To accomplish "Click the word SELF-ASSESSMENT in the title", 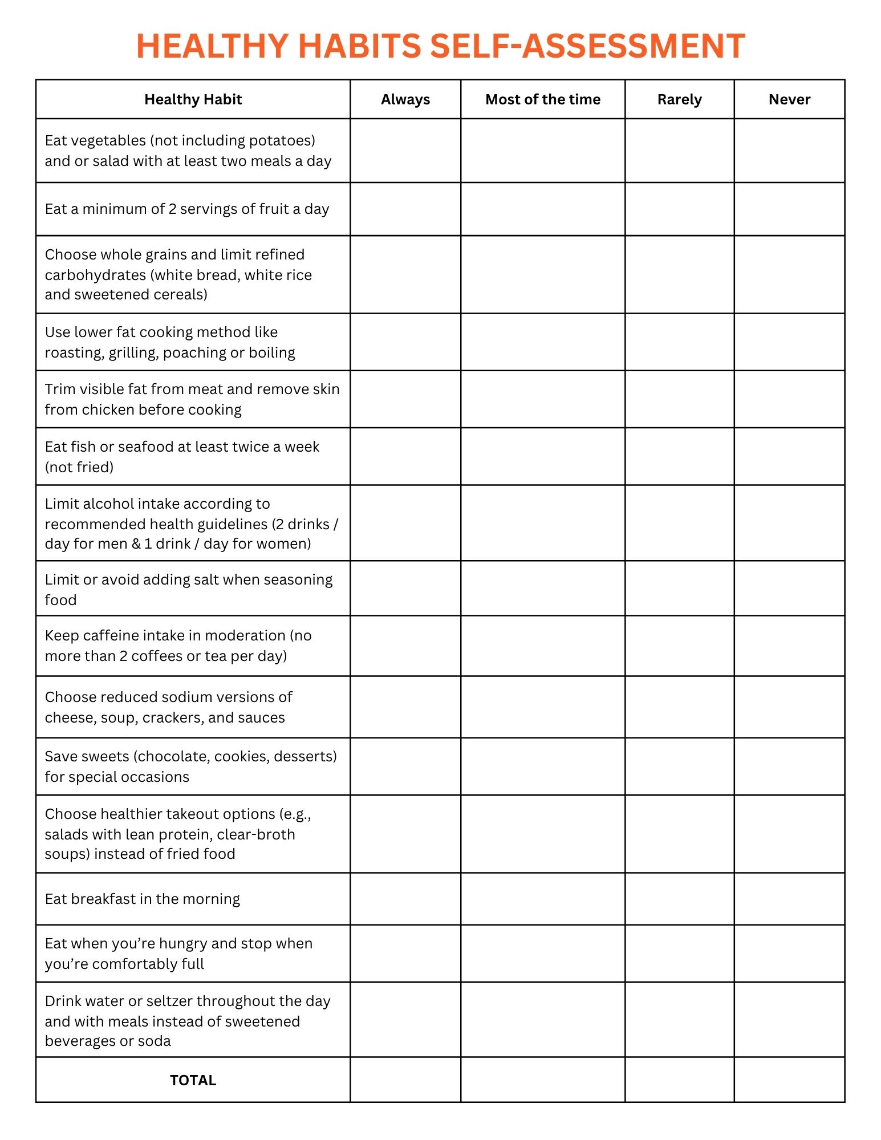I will pos(587,46).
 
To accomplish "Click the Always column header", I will pos(405,99).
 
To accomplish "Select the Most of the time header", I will pos(543,99).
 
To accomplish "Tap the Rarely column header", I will pos(679,99).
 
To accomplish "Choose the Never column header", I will pos(789,99).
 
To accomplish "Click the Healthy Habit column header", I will pos(193,99).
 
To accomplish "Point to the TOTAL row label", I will pos(193,1080).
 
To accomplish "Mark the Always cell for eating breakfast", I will pos(405,899).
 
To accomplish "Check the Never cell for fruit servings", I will pos(789,209).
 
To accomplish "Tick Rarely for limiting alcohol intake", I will pos(679,523).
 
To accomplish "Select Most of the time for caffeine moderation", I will pos(543,646).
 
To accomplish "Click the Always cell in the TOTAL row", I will pos(405,1080).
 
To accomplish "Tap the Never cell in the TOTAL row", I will pos(789,1080).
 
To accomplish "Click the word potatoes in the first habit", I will pos(280,140).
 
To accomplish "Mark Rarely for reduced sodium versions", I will pos(679,707).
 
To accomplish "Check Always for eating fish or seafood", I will pos(405,456).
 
